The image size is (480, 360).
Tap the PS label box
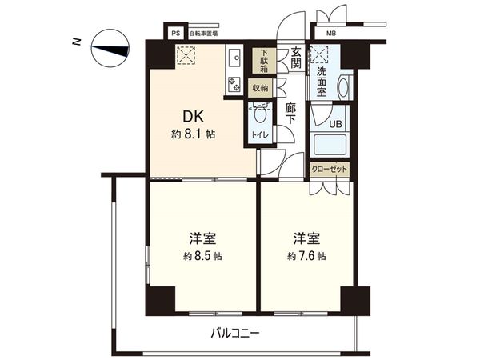point(175,34)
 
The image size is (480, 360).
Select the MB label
point(330,34)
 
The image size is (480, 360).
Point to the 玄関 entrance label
point(296,58)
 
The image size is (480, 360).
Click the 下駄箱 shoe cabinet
point(261,61)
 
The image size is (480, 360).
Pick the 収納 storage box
point(261,87)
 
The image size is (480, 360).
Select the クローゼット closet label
point(329,170)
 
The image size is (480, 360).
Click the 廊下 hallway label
point(292,113)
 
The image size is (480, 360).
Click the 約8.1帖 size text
point(193,134)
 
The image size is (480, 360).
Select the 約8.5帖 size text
point(201,256)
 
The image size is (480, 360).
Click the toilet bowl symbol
point(258,116)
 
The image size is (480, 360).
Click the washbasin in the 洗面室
point(342,86)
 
